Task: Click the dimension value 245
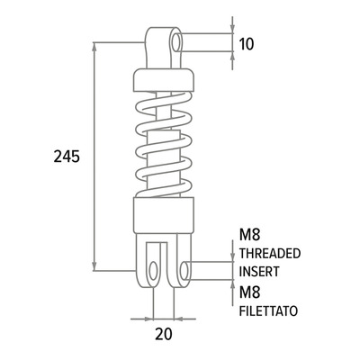[67, 157]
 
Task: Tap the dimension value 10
[247, 44]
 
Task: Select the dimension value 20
[164, 334]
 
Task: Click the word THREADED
[270, 254]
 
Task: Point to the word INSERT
[259, 271]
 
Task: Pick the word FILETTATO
[268, 310]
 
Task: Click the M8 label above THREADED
[249, 236]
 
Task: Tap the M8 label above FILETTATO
[249, 292]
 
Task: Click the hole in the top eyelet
[176, 43]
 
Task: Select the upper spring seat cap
[164, 80]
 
